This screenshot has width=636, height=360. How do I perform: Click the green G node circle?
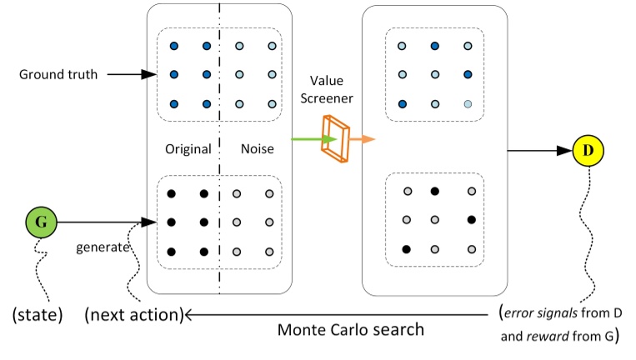click(x=41, y=223)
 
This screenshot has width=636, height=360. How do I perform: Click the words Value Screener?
click(x=328, y=89)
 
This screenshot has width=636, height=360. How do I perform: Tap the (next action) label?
click(x=133, y=315)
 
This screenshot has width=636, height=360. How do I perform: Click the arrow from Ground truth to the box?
click(x=129, y=75)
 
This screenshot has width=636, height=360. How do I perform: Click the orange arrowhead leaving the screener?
click(x=366, y=139)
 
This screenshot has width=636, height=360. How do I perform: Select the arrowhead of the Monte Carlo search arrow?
click(x=190, y=315)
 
